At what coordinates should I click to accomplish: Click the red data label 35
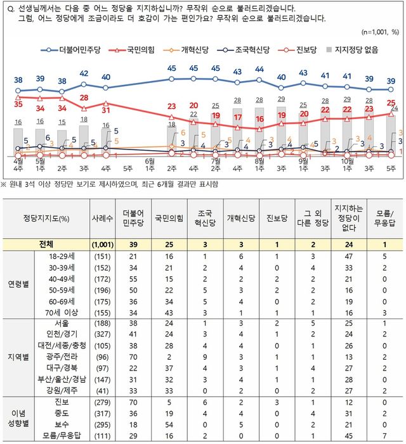point(18,103)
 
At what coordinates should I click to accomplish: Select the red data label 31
point(106,111)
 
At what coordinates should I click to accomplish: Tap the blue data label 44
point(259,69)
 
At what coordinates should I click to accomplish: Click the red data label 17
point(237,118)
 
